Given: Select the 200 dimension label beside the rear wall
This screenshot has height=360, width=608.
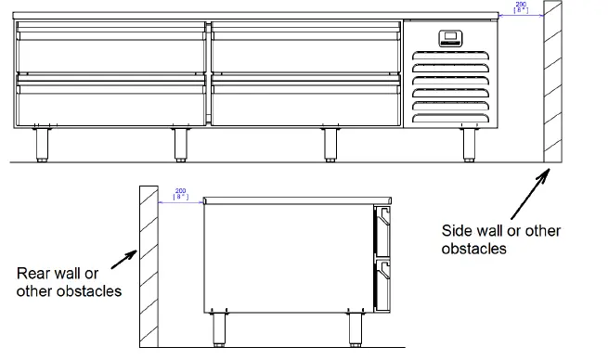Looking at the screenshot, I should pos(181,193).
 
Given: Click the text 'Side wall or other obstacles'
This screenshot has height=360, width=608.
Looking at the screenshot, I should pos(487,239).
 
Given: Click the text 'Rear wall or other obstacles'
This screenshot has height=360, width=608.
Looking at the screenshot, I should pos(70,283).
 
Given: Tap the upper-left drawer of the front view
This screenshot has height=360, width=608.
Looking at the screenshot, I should pos(111,52).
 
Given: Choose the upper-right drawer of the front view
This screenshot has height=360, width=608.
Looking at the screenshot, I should pos(304,52).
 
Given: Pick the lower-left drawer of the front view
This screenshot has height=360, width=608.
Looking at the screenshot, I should pos(111,102).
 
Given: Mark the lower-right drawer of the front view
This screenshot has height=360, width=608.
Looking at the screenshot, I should pos(304,102).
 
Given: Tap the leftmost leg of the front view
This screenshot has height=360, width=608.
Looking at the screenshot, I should pos(41,145).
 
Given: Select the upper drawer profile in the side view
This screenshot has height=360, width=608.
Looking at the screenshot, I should pos(382,231).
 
